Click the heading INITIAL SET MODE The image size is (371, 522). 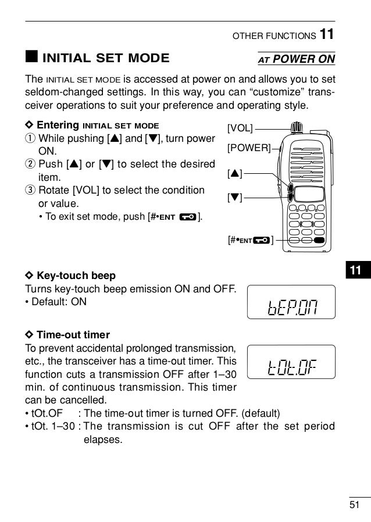click(x=106, y=58)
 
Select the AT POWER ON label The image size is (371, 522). click(x=296, y=59)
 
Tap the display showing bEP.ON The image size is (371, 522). click(x=291, y=302)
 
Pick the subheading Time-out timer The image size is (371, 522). click(x=73, y=335)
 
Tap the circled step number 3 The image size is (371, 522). click(x=30, y=191)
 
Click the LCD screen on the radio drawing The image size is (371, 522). click(x=308, y=194)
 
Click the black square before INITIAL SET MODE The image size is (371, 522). click(x=30, y=58)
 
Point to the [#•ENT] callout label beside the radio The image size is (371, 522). click(x=251, y=239)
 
